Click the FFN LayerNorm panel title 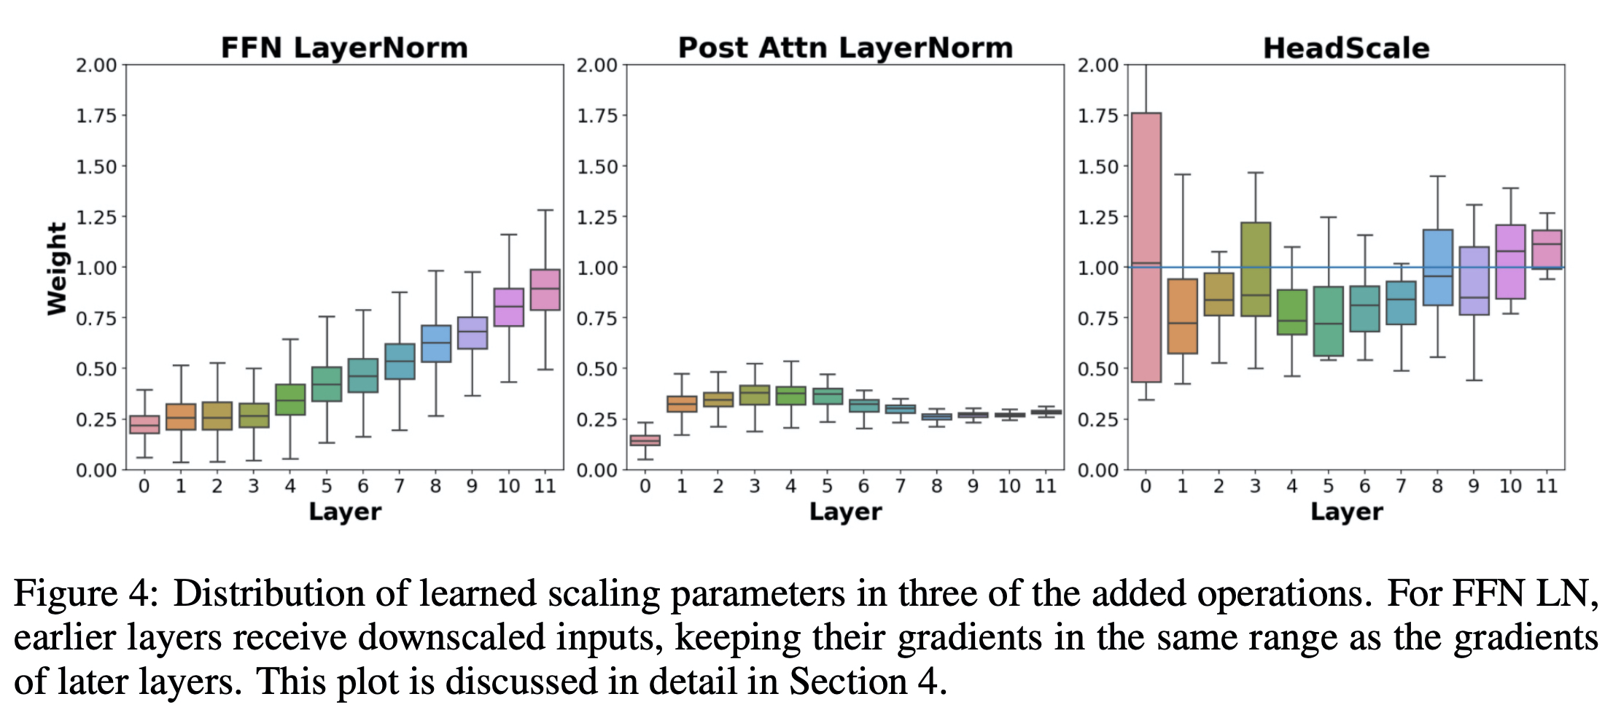344,48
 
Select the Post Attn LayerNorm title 845,48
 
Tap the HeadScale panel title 1346,48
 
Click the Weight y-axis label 57,268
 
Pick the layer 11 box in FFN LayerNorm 545,289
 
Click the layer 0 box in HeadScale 1146,248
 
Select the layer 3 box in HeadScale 1256,269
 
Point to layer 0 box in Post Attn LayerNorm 645,440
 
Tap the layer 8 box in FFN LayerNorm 436,343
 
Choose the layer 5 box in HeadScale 1329,321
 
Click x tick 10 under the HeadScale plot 1510,486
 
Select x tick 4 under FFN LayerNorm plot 290,486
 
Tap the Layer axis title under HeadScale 1346,512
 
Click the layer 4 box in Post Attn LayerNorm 791,395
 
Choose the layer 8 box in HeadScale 1438,268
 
